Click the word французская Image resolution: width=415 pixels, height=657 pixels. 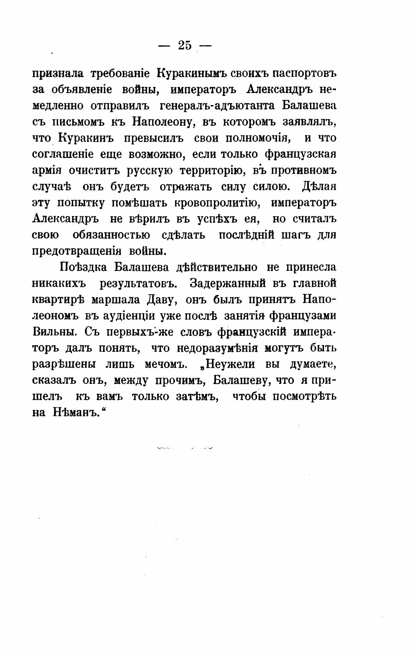pos(300,154)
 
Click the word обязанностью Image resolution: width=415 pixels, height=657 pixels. pos(111,235)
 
